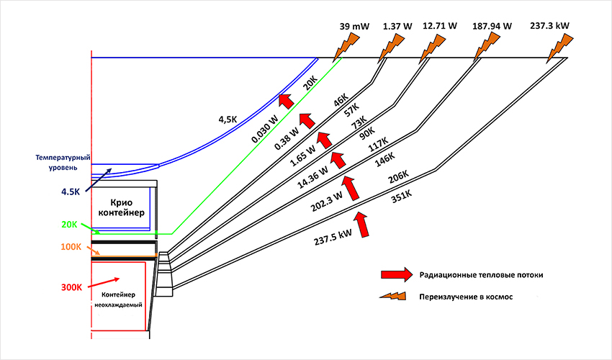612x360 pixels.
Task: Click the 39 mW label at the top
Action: coord(354,27)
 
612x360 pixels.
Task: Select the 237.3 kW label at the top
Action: coord(549,26)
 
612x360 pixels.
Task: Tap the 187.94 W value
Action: coord(492,26)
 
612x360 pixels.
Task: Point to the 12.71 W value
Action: coord(440,26)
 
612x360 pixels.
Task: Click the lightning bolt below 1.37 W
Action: coord(391,47)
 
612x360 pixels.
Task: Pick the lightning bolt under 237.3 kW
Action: coord(559,48)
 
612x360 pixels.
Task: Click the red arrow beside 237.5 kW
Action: coord(362,225)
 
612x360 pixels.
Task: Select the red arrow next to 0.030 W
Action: coord(287,101)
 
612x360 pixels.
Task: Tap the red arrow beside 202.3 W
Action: coord(351,188)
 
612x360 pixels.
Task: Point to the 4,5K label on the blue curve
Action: coord(228,119)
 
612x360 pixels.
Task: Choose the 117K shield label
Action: coord(378,145)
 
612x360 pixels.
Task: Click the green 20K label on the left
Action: coord(69,225)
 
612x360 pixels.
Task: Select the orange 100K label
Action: coord(71,247)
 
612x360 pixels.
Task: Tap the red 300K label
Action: coord(71,287)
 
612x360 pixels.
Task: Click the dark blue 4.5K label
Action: coord(71,192)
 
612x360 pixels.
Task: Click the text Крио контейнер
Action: coord(122,208)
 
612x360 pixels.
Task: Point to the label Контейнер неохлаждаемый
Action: coord(118,300)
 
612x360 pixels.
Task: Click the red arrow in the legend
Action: coord(397,275)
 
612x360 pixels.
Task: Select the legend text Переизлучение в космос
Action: coord(466,297)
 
